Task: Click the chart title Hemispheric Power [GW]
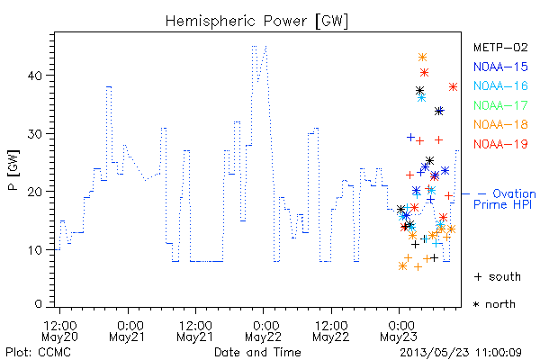click(x=256, y=21)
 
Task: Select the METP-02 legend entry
click(x=500, y=48)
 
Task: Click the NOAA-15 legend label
click(x=500, y=67)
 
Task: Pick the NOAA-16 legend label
click(x=500, y=85)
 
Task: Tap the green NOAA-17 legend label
click(x=500, y=105)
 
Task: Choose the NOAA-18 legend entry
click(x=500, y=124)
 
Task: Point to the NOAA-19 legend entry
click(x=500, y=144)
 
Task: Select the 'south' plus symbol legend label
click(x=498, y=276)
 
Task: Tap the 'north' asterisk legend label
click(x=494, y=304)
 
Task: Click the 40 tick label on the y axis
click(x=35, y=76)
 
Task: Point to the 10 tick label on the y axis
click(x=35, y=250)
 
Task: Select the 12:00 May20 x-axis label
click(x=59, y=331)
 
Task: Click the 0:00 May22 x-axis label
click(x=264, y=331)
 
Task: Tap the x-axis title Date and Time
click(x=257, y=353)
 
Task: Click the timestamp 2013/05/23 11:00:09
click(x=461, y=353)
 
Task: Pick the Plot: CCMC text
click(x=38, y=353)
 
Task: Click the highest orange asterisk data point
click(x=423, y=58)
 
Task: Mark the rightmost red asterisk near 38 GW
click(x=454, y=86)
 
